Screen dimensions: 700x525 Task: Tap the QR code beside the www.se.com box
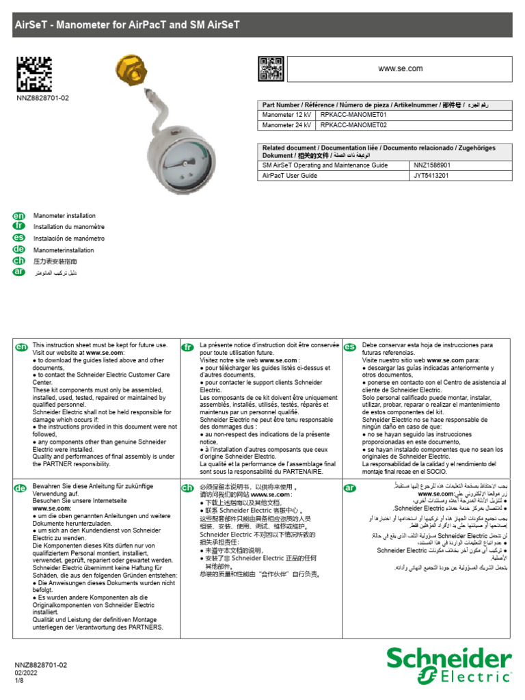271,69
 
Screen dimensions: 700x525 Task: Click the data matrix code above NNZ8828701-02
33,74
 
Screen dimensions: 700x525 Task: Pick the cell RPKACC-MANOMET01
353,115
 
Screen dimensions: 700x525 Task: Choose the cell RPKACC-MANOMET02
353,125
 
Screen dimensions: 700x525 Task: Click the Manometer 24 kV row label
286,125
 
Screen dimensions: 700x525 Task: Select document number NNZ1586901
432,165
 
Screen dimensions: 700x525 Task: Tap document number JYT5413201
431,176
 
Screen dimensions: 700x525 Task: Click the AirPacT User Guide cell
290,176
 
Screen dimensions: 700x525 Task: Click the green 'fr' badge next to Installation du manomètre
19,227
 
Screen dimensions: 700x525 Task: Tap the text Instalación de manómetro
69,239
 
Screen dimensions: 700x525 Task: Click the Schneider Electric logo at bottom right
448,665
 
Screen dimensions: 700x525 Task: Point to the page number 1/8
20,682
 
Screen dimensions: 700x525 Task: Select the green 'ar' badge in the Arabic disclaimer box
350,488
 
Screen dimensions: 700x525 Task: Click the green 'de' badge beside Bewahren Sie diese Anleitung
22,488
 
